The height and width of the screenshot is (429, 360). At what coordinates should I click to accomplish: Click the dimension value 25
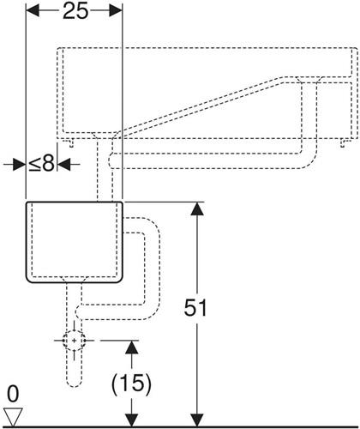75,12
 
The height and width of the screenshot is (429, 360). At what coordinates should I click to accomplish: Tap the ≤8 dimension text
41,164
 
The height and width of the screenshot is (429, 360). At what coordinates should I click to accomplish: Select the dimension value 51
195,308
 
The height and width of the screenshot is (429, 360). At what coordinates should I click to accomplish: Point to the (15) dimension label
131,384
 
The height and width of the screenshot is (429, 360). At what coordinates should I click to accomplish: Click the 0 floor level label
13,394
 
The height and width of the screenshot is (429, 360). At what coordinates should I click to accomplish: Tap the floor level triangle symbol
13,416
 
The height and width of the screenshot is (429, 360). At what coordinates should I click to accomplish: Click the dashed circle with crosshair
74,341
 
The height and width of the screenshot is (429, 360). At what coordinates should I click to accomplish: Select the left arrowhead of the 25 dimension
33,12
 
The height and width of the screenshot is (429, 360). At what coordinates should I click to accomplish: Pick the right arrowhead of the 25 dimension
116,12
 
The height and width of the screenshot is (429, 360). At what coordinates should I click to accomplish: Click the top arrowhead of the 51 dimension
197,208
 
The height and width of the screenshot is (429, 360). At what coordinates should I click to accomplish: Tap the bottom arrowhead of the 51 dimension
197,420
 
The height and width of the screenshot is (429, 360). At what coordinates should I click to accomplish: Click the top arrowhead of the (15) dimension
131,347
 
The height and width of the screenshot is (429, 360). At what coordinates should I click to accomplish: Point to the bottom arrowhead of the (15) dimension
131,420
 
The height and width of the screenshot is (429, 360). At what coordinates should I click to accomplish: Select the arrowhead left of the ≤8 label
20,165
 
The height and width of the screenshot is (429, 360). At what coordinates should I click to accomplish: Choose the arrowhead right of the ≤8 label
64,165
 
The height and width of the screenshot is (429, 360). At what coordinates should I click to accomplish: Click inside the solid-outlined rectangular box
75,242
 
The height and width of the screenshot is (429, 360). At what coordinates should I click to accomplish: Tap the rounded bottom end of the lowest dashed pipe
75,384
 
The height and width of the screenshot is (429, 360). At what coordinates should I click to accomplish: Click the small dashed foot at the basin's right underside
344,143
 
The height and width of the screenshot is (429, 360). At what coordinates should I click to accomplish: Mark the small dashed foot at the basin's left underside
70,143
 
